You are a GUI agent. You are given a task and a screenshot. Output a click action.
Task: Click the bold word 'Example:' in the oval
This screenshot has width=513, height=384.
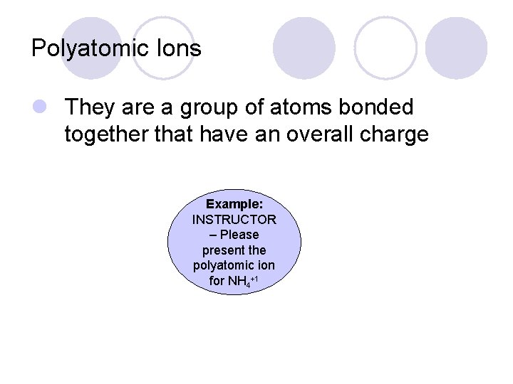[234, 203]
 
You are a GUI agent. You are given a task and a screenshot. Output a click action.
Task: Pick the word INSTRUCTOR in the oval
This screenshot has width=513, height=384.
[234, 219]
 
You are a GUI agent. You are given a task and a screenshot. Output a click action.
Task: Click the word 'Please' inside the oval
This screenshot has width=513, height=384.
[239, 235]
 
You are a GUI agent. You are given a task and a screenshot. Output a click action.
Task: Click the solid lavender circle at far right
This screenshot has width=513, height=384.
[456, 48]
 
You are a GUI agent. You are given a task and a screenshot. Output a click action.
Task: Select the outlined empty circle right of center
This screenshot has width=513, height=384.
[385, 48]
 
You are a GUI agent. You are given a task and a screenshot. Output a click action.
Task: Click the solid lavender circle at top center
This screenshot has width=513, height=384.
[304, 48]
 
